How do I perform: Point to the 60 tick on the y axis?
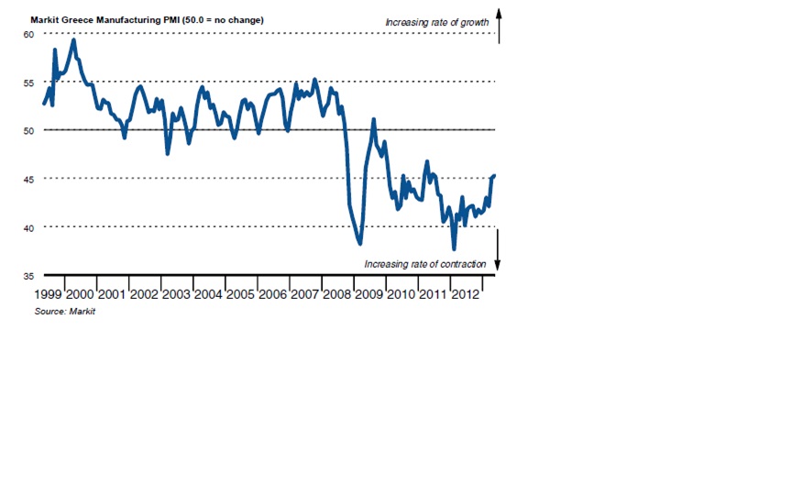coord(28,34)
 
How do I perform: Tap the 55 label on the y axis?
coord(28,82)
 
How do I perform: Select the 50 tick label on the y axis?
coord(28,130)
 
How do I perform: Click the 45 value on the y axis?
coord(28,179)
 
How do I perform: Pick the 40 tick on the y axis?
coord(28,227)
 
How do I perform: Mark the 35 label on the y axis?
coord(28,275)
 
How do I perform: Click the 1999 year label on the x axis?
coord(49,294)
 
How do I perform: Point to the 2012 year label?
coord(464,294)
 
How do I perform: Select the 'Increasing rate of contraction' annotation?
coord(424,264)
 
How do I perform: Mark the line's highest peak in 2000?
coord(73,39)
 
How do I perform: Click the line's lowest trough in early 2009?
coord(360,243)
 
